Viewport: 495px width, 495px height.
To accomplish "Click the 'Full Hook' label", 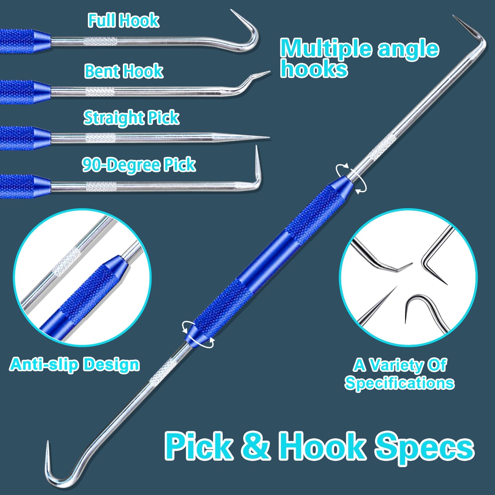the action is click(123, 20).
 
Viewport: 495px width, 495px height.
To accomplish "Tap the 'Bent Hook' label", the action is click(124, 71).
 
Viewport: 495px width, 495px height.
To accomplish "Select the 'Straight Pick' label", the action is click(131, 118).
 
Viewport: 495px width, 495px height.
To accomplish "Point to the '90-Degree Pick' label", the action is click(139, 165).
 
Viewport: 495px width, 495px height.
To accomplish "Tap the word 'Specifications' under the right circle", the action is click(399, 383).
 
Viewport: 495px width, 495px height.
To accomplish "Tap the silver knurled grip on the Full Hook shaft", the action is click(101, 41).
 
